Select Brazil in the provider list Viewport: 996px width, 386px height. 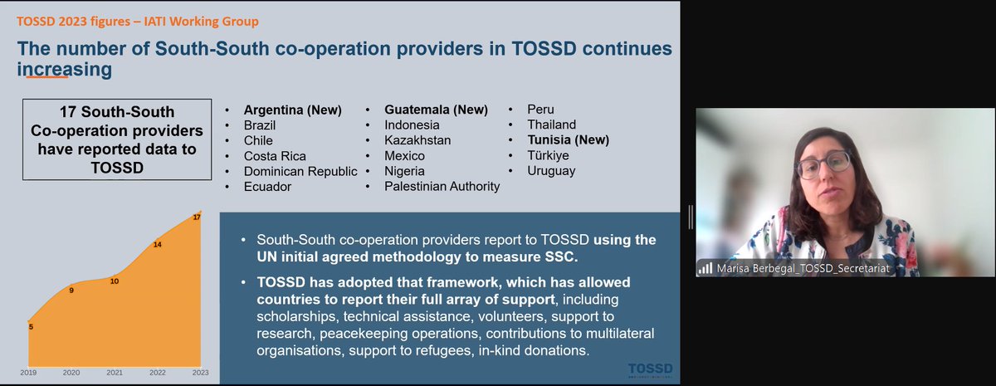(261, 125)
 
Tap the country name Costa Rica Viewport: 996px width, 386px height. (275, 156)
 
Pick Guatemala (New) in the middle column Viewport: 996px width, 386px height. (436, 110)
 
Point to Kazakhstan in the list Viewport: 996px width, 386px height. (417, 140)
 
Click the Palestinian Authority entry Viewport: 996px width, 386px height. (442, 187)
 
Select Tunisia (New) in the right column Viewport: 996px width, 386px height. (568, 140)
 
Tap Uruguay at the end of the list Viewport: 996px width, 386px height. (551, 171)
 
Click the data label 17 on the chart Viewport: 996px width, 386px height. (197, 217)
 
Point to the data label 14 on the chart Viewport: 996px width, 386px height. (157, 245)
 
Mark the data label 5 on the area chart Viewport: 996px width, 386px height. (32, 326)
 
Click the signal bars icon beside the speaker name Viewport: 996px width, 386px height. (705, 269)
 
